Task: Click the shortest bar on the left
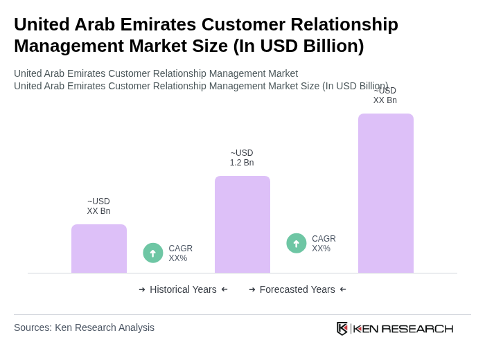[x=99, y=249]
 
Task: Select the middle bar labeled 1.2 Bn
[x=242, y=224]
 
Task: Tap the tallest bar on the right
[x=386, y=193]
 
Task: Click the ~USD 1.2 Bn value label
[x=242, y=158]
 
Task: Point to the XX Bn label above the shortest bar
[x=98, y=206]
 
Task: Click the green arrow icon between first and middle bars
[x=153, y=253]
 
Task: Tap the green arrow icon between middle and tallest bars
[x=297, y=243]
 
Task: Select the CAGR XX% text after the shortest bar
[x=181, y=253]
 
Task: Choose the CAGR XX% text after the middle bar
[x=324, y=244]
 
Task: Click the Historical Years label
[x=183, y=289]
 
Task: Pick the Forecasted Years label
[x=297, y=289]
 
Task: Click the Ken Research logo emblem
[x=342, y=328]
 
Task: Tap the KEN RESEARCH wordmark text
[x=403, y=329]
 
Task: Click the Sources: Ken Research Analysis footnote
[x=84, y=327]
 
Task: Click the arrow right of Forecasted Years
[x=343, y=289]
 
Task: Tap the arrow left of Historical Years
[x=142, y=289]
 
